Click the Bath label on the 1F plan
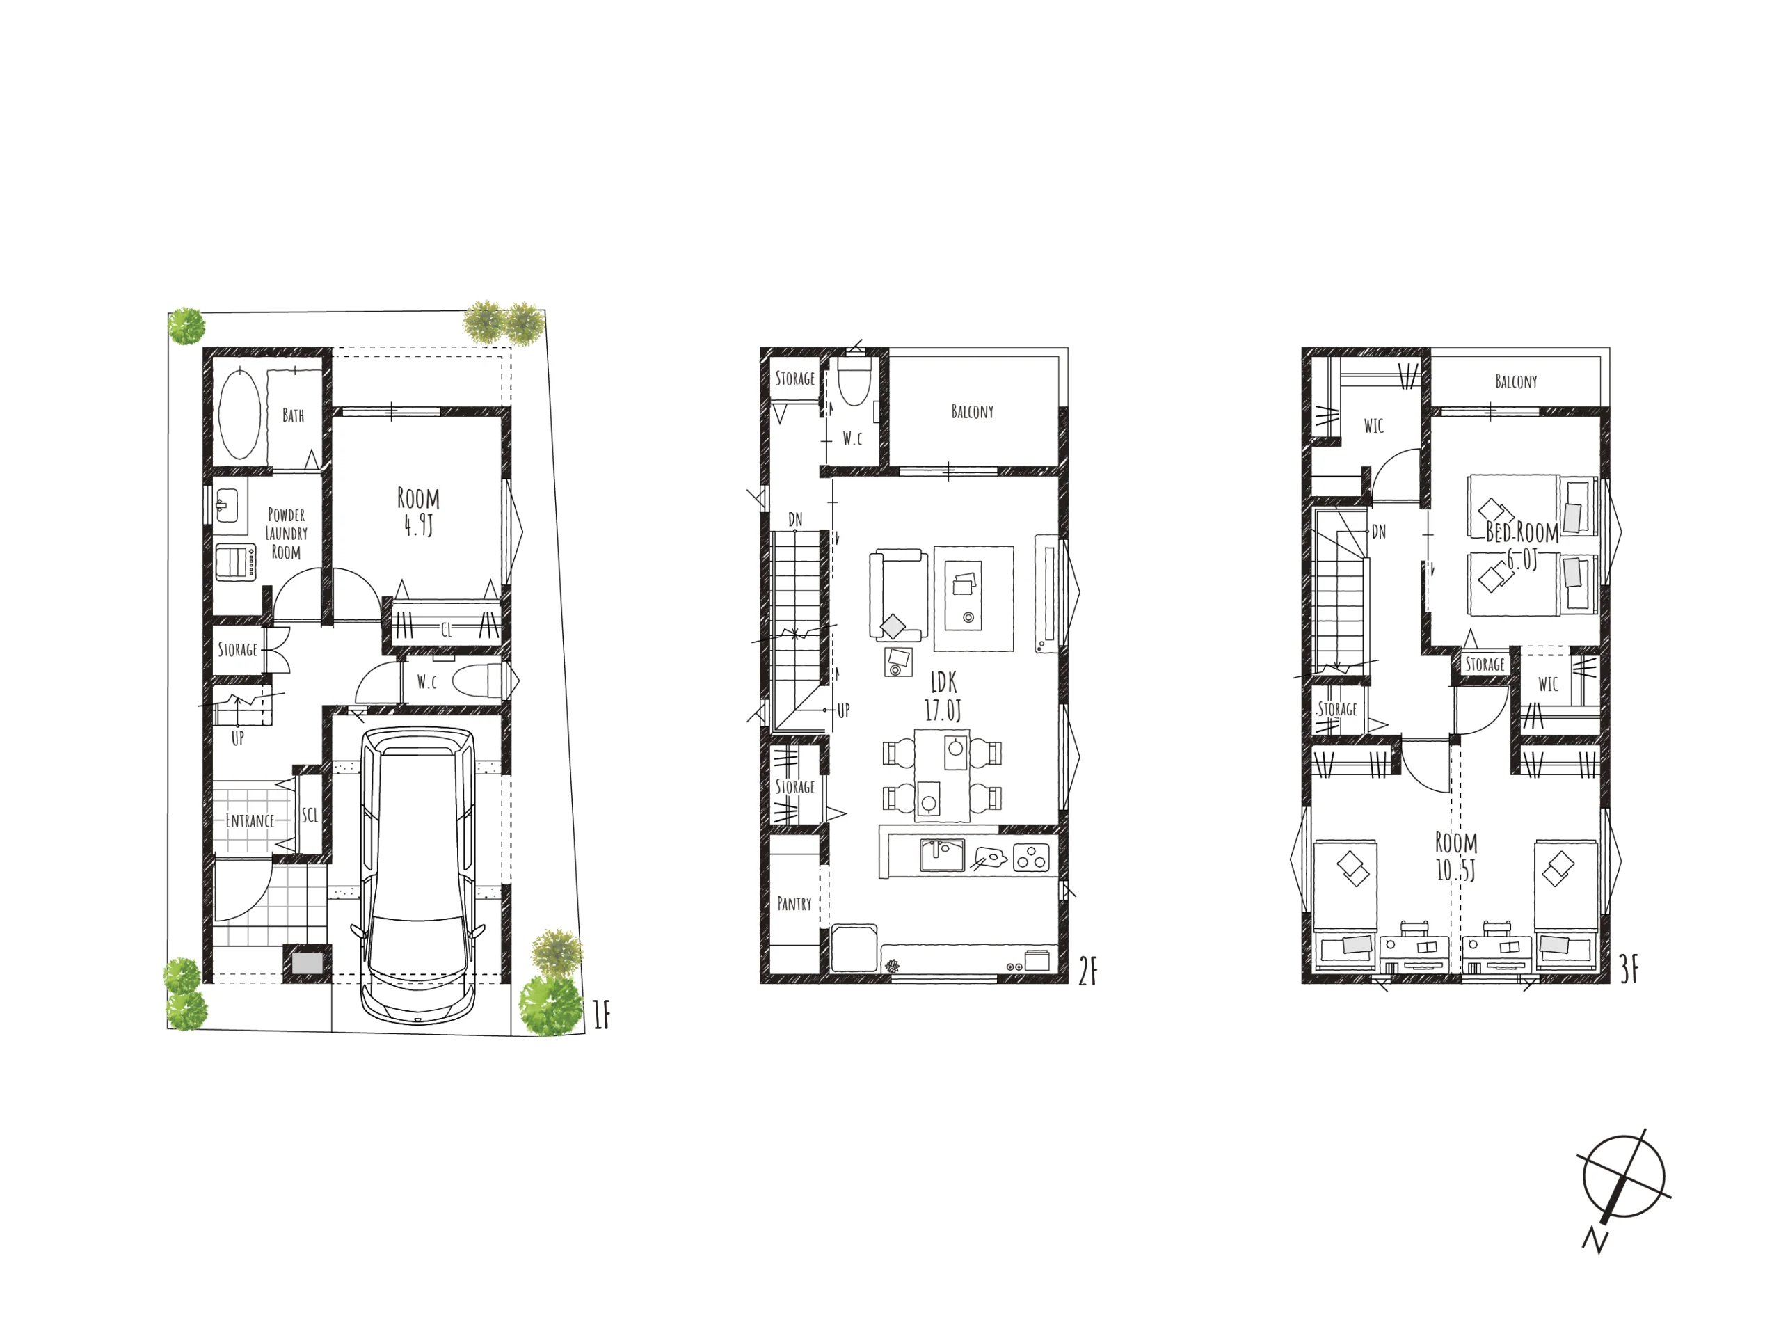(293, 415)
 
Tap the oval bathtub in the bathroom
(239, 415)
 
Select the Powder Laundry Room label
(286, 533)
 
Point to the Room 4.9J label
(419, 511)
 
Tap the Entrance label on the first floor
(250, 820)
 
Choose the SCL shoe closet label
(310, 815)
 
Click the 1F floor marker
(602, 1015)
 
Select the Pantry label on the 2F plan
(794, 904)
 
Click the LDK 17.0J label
(943, 697)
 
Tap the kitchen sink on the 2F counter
(942, 855)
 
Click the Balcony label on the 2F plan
(972, 411)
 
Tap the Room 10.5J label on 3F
(1455, 856)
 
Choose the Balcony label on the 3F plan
(1516, 381)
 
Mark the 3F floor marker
(1629, 969)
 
